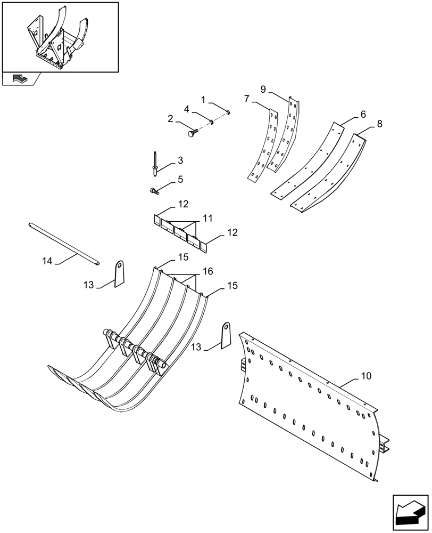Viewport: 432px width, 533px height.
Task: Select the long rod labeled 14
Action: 64,243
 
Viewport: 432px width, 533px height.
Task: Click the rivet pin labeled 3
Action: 154,162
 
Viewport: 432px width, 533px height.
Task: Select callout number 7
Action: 247,99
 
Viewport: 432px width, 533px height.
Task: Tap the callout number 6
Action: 362,114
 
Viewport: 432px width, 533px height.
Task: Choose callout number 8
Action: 379,124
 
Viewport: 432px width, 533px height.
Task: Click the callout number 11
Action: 207,218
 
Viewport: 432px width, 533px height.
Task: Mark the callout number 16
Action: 207,271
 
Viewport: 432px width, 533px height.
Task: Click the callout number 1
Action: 203,99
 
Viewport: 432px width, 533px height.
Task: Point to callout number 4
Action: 187,109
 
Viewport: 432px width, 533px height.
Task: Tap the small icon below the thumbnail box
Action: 20,79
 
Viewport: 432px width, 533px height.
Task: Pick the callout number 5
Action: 180,180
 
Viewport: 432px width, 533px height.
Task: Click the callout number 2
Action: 170,119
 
